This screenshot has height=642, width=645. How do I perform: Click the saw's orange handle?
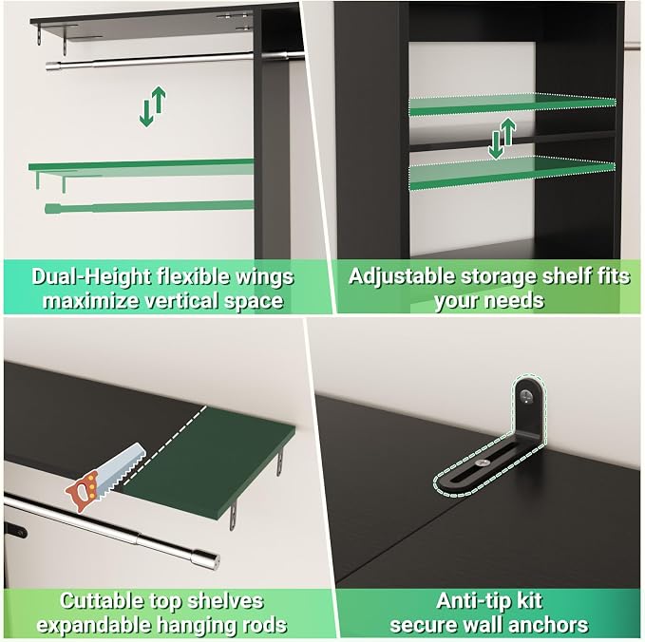83,492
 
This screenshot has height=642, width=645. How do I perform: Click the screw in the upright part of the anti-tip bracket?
526,396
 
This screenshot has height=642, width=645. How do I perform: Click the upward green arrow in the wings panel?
159,100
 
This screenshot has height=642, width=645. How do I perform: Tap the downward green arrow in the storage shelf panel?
496,145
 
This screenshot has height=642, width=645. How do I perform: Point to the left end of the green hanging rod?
47,209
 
